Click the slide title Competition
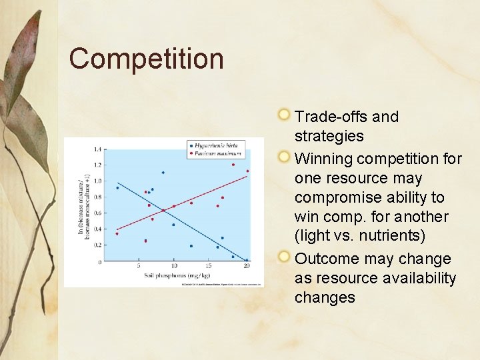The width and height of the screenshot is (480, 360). pyautogui.click(x=146, y=59)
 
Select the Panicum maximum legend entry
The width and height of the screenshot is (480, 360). pyautogui.click(x=219, y=153)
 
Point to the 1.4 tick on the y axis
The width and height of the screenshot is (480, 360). pyautogui.click(x=97, y=149)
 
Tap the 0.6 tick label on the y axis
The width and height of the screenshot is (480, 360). pyautogui.click(x=97, y=213)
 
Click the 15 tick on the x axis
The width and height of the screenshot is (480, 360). pyautogui.click(x=210, y=267)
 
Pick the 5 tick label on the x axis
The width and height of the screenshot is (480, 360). pyautogui.click(x=139, y=267)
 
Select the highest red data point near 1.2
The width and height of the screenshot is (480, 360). pyautogui.click(x=233, y=165)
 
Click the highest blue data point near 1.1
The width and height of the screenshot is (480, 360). pyautogui.click(x=163, y=173)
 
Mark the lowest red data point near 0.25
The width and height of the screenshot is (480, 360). pyautogui.click(x=145, y=241)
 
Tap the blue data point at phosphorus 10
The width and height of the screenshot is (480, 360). pyautogui.click(x=173, y=225)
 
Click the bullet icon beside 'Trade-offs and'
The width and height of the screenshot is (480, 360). pyautogui.click(x=285, y=115)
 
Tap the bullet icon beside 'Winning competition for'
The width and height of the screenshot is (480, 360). pyautogui.click(x=285, y=157)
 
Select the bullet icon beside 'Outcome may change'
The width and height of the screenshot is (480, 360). pyautogui.click(x=285, y=257)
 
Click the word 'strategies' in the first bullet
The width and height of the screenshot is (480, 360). pyautogui.click(x=329, y=136)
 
